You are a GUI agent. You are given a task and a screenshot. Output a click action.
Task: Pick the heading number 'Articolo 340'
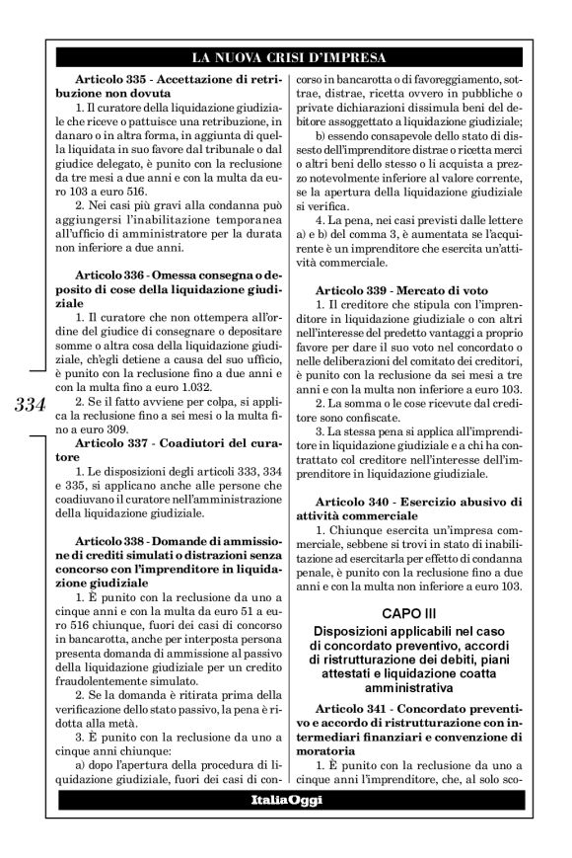coord(352,504)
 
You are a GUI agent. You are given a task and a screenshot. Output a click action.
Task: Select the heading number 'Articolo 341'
coord(352,709)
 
